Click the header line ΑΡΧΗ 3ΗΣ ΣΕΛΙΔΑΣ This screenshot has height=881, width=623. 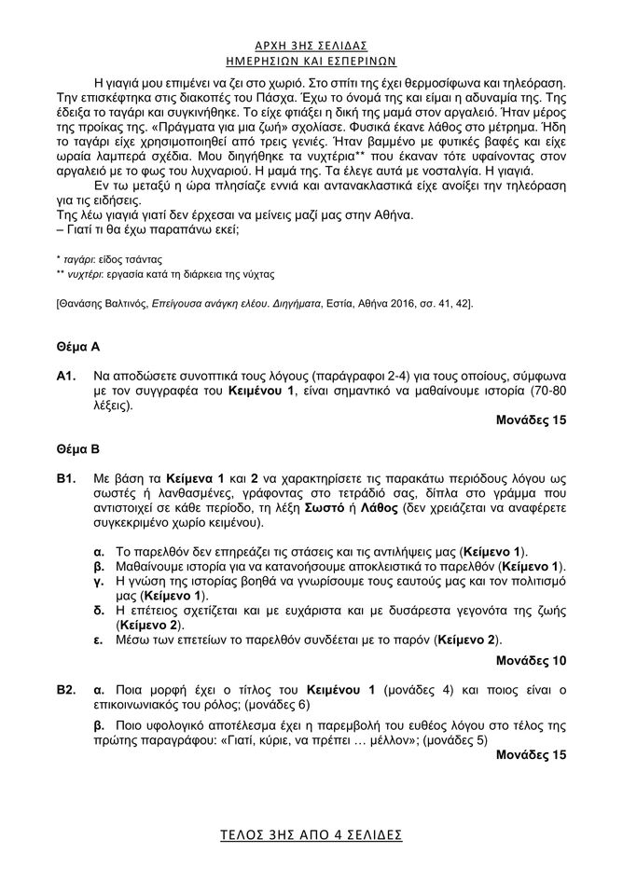tap(311, 45)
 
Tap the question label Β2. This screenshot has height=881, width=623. tap(65, 690)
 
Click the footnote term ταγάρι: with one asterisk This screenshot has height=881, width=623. tap(82, 255)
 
